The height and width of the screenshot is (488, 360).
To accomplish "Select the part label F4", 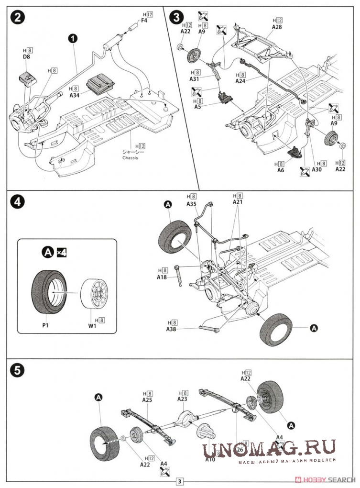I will pyautogui.click(x=144, y=21).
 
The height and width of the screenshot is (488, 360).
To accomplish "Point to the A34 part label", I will pyautogui.click(x=74, y=95).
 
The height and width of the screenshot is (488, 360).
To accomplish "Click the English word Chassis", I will pyautogui.click(x=129, y=158).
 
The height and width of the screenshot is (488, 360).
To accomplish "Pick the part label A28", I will pyautogui.click(x=277, y=28).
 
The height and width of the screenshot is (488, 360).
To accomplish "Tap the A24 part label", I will pyautogui.click(x=240, y=81).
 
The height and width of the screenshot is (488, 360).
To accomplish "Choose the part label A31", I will pyautogui.click(x=194, y=80).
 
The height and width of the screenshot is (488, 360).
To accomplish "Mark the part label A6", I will pyautogui.click(x=280, y=170).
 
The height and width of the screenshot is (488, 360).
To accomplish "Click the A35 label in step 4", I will pyautogui.click(x=192, y=203).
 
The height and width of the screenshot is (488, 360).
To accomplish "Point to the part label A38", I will pyautogui.click(x=172, y=329).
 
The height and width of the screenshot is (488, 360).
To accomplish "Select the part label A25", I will pyautogui.click(x=147, y=399).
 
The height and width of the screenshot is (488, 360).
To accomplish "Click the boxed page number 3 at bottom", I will pyautogui.click(x=180, y=481).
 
